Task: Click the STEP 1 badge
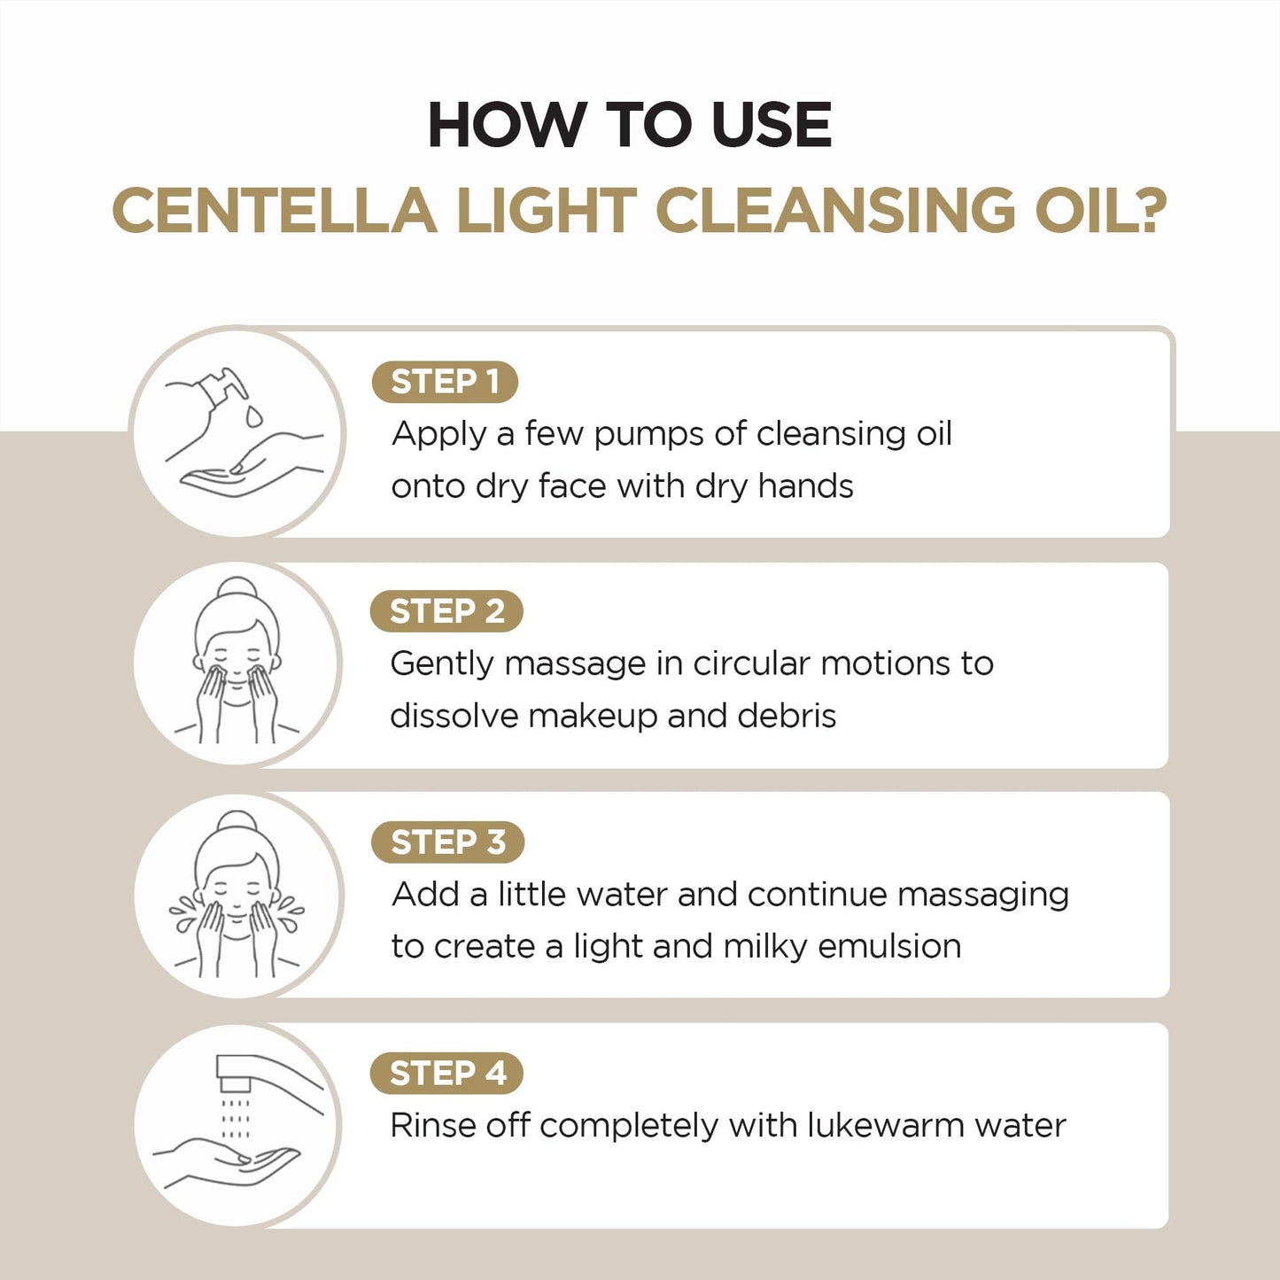click(x=445, y=382)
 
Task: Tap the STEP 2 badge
click(x=446, y=611)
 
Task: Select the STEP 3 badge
click(x=447, y=842)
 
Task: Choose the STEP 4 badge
click(x=446, y=1073)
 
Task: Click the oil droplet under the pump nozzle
click(x=254, y=415)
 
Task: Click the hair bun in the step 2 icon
click(x=237, y=587)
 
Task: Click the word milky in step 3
click(x=765, y=946)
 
